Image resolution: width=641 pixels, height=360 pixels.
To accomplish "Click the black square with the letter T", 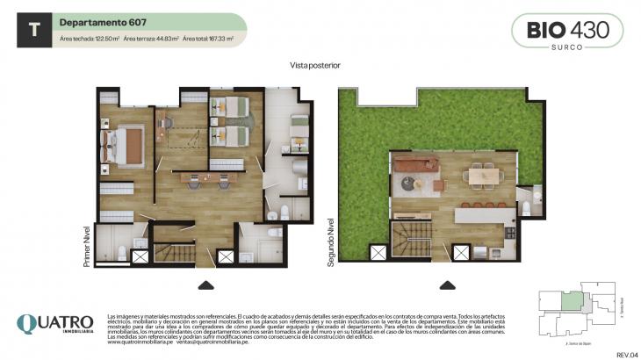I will pos(34,29).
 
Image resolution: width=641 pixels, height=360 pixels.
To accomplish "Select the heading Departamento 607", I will pos(96,22).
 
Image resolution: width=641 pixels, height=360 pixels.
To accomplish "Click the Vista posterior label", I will pos(314,65).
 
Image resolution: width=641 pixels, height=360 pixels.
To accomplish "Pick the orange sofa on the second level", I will pos(415,164).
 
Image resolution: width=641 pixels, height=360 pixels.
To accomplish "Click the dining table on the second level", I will pos(485,176).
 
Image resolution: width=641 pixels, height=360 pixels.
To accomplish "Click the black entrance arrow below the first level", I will pos(205,284).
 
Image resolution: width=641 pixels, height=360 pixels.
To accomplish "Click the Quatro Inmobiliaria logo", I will pos(54,324).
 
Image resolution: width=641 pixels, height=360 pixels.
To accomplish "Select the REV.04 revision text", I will pos(627,354).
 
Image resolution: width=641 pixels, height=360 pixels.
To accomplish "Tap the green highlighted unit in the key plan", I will pos(571,301).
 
